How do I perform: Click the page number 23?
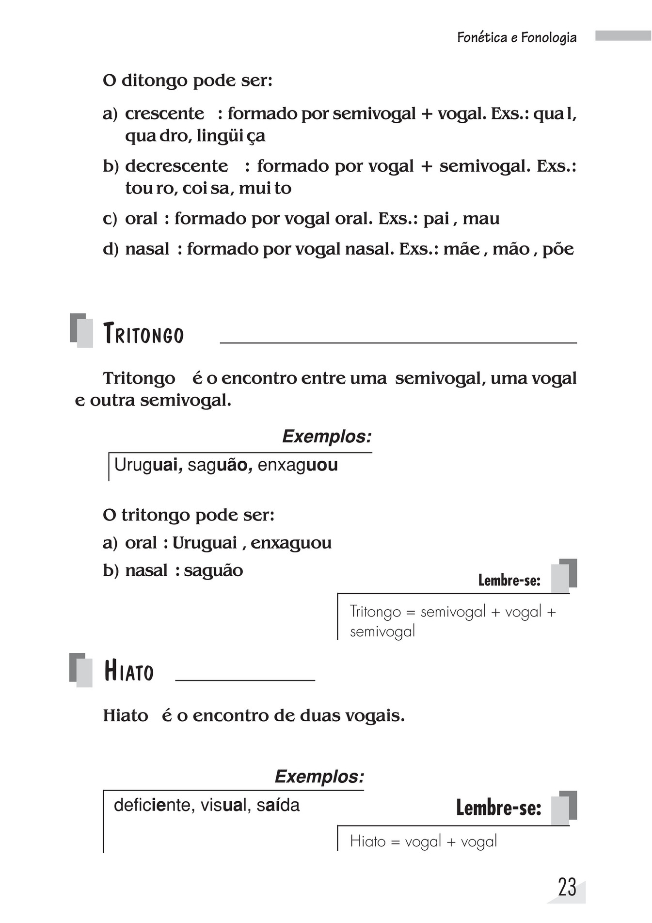click(567, 887)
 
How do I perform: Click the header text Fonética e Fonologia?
click(517, 38)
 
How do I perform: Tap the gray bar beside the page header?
click(623, 36)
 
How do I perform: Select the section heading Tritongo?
click(143, 335)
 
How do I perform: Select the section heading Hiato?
click(129, 672)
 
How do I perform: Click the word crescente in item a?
click(164, 113)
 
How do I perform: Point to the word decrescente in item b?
click(176, 166)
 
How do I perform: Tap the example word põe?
click(558, 249)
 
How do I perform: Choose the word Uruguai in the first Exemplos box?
click(148, 465)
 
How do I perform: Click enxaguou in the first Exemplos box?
click(298, 465)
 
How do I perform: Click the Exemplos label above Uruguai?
click(327, 437)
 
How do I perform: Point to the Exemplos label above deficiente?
click(319, 777)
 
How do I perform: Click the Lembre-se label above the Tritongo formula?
click(509, 580)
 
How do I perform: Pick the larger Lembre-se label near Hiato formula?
click(498, 808)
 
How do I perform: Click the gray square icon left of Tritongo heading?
click(81, 330)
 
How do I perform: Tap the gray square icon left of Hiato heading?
click(80, 670)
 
